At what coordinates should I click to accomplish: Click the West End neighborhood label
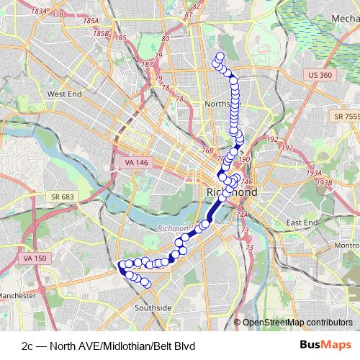pyautogui.click(x=66, y=94)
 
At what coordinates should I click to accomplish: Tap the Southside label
pyautogui.click(x=153, y=307)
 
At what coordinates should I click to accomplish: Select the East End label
pyautogui.click(x=302, y=223)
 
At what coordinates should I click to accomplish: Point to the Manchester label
pyautogui.click(x=17, y=296)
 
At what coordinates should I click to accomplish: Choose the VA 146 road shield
pyautogui.click(x=135, y=163)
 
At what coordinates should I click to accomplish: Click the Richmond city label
pyautogui.click(x=232, y=193)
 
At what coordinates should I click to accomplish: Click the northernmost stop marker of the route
pyautogui.click(x=220, y=56)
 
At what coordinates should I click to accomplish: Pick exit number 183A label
pyautogui.click(x=39, y=11)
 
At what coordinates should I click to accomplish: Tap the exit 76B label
pyautogui.click(x=208, y=150)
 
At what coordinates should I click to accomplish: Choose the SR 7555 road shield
pyautogui.click(x=346, y=116)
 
